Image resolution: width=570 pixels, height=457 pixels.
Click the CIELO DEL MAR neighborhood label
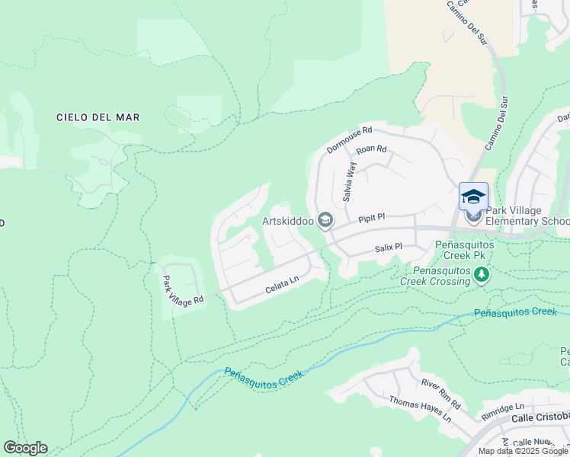[x=98, y=117]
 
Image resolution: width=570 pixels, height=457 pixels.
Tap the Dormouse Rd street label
[x=349, y=139]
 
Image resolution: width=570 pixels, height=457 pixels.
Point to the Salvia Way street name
[x=350, y=181]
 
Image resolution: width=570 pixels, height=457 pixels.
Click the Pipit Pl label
[x=373, y=217]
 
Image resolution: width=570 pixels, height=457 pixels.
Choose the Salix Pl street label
[x=388, y=248]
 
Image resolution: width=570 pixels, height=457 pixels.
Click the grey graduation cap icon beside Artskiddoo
[x=325, y=221]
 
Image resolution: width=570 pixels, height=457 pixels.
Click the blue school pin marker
[x=473, y=197]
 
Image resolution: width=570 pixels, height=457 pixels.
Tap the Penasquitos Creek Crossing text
[x=441, y=276]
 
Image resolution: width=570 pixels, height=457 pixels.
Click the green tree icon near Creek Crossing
[x=481, y=273]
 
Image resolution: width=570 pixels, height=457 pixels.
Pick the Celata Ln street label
[x=282, y=287]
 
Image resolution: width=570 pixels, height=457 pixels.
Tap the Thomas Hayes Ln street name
[x=420, y=409]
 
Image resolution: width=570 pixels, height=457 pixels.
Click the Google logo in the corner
[x=25, y=448]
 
